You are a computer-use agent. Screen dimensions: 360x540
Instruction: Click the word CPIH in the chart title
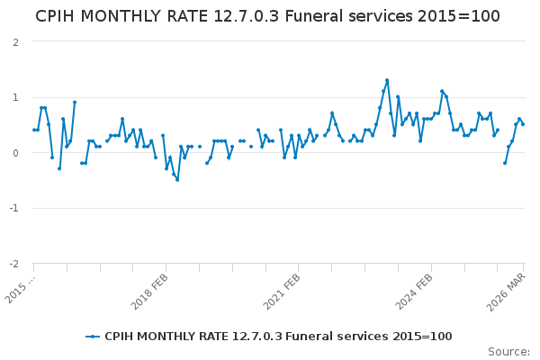point(60,17)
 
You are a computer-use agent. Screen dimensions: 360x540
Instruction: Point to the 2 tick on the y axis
point(16,42)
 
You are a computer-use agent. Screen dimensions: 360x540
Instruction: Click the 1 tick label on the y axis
point(16,97)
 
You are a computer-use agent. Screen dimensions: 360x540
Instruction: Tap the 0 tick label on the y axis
point(16,153)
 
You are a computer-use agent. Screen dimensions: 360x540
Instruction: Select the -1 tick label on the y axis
point(14,209)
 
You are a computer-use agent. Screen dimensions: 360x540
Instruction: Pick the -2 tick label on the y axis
point(14,264)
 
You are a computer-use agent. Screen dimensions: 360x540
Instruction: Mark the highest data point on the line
point(387,80)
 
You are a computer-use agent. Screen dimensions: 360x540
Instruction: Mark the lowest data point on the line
point(177,180)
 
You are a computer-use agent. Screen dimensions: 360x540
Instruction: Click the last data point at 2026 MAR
point(523,124)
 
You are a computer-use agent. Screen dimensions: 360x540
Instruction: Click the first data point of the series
point(34,130)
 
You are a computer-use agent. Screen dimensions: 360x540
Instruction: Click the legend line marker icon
point(93,337)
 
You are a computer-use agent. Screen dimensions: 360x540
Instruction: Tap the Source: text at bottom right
point(508,352)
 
